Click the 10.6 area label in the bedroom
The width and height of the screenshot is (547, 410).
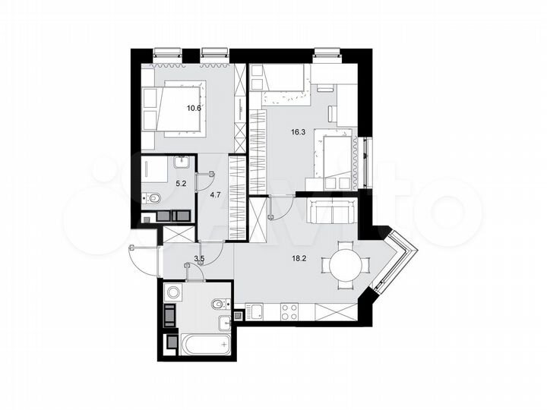[x=194, y=108]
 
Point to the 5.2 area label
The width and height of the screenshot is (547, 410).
[x=182, y=183]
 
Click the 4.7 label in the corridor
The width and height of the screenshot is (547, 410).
[x=215, y=194]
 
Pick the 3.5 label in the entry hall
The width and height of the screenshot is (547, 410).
[x=200, y=260]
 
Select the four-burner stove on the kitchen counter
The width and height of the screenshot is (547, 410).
[x=289, y=311]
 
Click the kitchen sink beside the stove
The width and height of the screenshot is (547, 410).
[x=256, y=311]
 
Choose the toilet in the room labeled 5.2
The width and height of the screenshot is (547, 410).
[x=153, y=199]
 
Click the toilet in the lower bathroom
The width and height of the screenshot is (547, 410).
[x=218, y=304]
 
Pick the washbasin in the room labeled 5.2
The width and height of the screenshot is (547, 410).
[x=182, y=162]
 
